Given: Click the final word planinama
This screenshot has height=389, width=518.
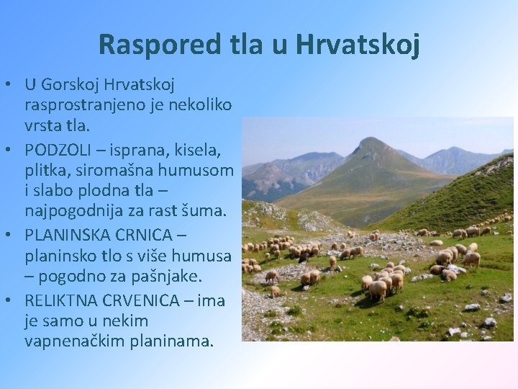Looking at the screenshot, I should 173,340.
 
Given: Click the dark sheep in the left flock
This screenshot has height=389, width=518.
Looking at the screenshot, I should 305,255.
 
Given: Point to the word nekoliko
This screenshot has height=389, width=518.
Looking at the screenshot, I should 202,106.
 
